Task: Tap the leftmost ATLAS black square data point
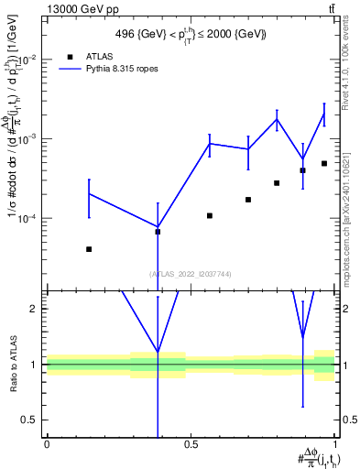click(89, 249)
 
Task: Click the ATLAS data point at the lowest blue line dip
click(158, 232)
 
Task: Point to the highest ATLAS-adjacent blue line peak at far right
click(324, 114)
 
